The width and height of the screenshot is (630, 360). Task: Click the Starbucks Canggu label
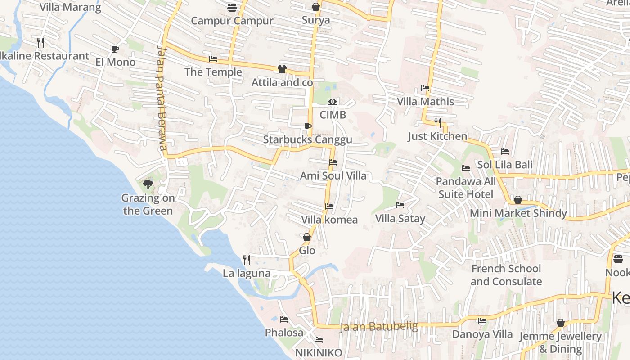pyautogui.click(x=307, y=139)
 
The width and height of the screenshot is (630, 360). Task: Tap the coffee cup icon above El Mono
pyautogui.click(x=115, y=49)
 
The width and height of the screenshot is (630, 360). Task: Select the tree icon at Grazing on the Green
pyautogui.click(x=148, y=184)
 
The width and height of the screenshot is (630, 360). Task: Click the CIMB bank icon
pyautogui.click(x=333, y=102)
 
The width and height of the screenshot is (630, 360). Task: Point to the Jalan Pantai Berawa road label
pyautogui.click(x=162, y=98)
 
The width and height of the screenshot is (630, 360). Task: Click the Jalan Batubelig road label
pyautogui.click(x=379, y=326)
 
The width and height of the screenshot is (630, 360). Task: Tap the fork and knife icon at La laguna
pyautogui.click(x=247, y=260)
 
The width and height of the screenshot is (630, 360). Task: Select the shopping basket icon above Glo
pyautogui.click(x=307, y=237)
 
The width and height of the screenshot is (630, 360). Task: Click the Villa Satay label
pyautogui.click(x=400, y=219)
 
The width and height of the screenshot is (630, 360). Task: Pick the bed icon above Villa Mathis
pyautogui.click(x=425, y=88)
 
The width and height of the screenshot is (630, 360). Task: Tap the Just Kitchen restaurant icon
pyautogui.click(x=437, y=122)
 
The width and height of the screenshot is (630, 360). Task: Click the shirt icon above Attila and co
pyautogui.click(x=282, y=69)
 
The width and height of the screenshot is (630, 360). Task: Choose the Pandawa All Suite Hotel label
pyautogui.click(x=466, y=188)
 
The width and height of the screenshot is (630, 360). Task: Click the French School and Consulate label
pyautogui.click(x=506, y=275)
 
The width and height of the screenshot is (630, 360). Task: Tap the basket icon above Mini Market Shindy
pyautogui.click(x=518, y=200)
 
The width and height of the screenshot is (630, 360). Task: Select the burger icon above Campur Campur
pyautogui.click(x=232, y=7)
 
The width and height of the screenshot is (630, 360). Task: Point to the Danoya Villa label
pyautogui.click(x=482, y=334)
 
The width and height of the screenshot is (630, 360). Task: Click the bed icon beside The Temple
pyautogui.click(x=213, y=59)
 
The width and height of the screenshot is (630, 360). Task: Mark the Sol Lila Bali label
pyautogui.click(x=505, y=165)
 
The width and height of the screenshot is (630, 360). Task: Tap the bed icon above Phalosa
pyautogui.click(x=284, y=319)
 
